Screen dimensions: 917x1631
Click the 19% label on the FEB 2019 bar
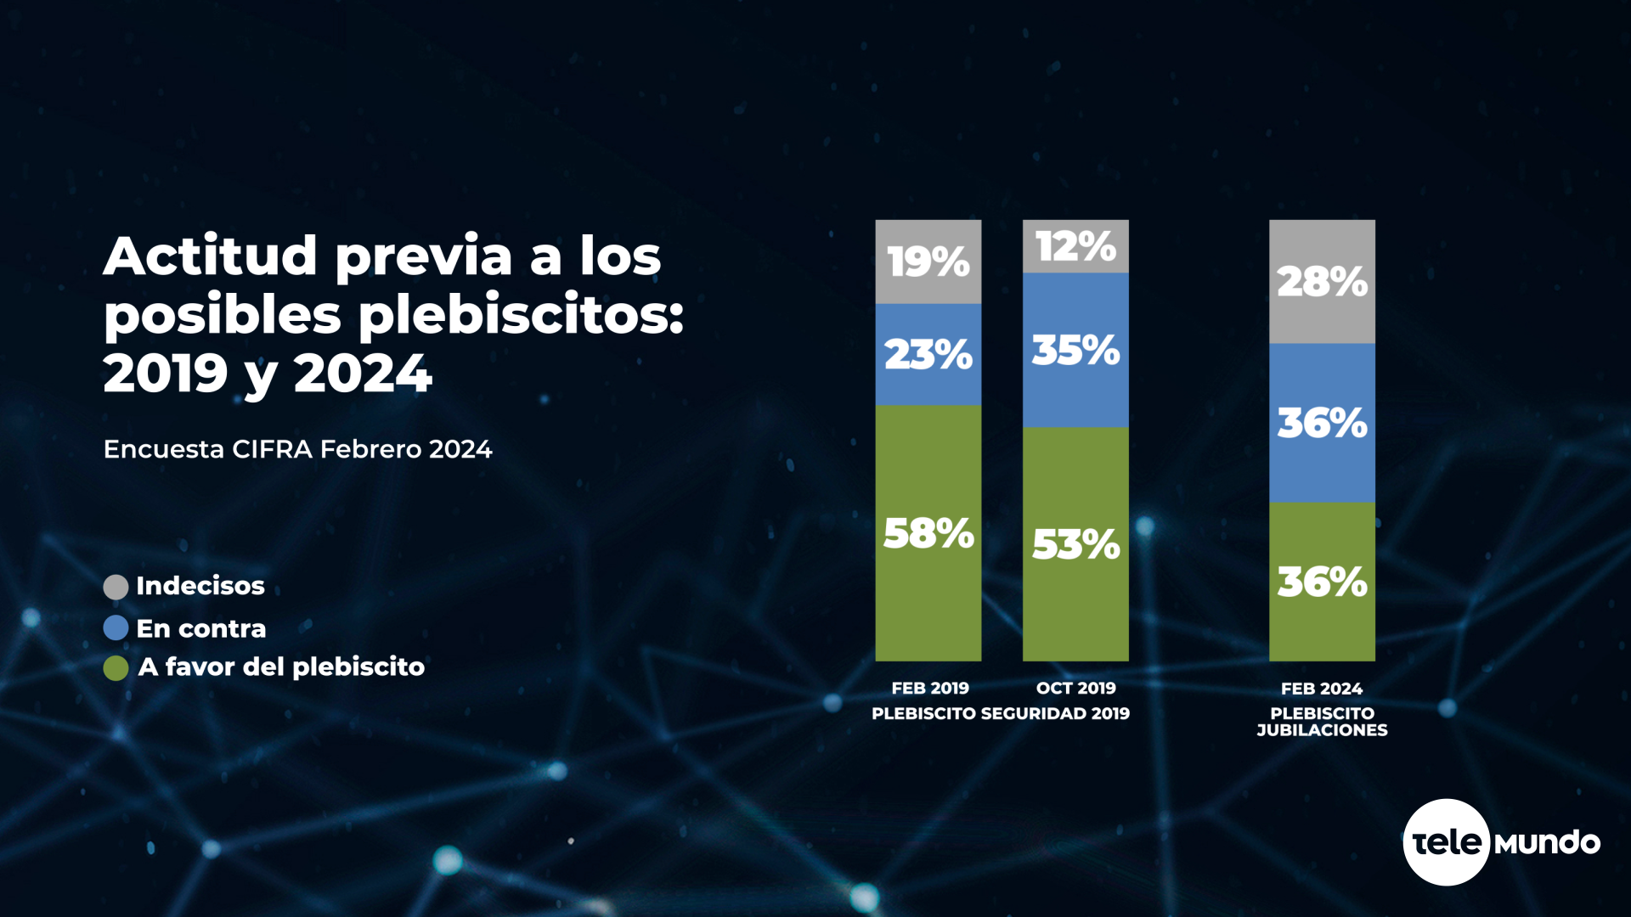click(x=928, y=262)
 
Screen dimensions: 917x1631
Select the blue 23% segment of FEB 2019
click(x=928, y=354)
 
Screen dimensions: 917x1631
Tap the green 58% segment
click(x=928, y=533)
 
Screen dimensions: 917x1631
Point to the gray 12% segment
click(x=1075, y=246)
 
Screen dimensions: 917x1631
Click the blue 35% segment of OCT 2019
click(x=1075, y=350)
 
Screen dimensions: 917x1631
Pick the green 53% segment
click(x=1075, y=544)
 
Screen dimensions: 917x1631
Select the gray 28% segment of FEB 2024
click(x=1322, y=281)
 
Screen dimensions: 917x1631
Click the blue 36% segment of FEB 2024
click(x=1322, y=422)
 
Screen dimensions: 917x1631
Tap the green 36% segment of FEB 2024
click(x=1322, y=582)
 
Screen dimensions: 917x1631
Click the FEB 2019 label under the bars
click(x=930, y=689)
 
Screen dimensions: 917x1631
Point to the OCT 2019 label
click(x=1075, y=689)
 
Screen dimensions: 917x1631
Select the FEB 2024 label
click(x=1322, y=689)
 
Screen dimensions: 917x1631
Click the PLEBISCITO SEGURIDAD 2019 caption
click(x=1001, y=714)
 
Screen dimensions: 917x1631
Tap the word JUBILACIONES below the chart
click(x=1322, y=730)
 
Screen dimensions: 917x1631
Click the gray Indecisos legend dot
click(x=116, y=587)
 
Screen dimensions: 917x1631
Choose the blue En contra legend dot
click(x=116, y=628)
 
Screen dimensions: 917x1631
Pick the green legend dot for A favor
click(x=116, y=668)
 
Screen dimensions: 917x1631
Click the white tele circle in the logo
click(x=1446, y=842)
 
